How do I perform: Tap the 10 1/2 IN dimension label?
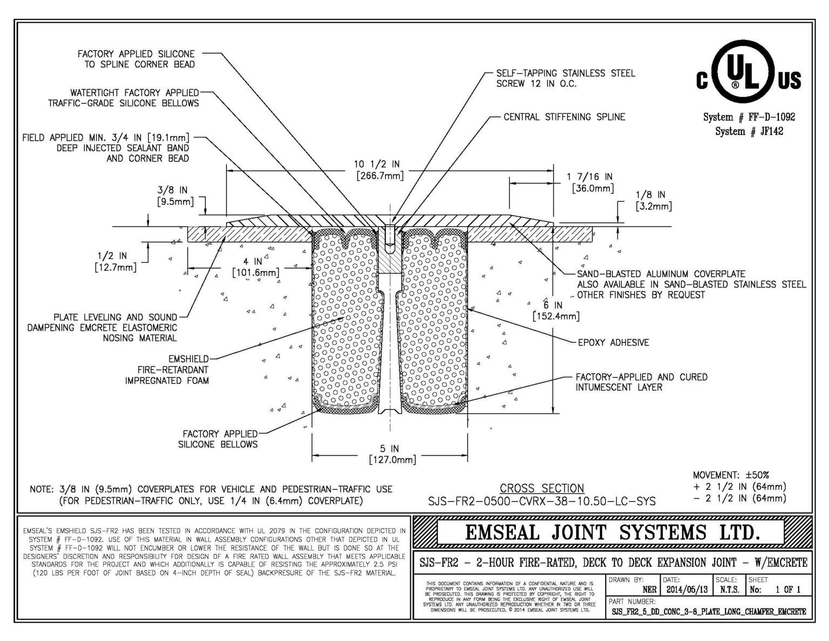pos(377,165)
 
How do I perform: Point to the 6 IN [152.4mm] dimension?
pos(556,311)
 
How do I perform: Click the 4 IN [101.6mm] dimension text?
pos(256,267)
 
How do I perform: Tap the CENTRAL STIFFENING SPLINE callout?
pos(564,117)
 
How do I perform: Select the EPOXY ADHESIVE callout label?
pos(613,342)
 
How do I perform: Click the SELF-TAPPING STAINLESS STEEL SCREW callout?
pos(565,78)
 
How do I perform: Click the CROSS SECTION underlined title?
pos(541,488)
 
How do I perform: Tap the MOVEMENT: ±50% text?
pos(731,475)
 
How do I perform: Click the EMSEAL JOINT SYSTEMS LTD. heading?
pos(612,532)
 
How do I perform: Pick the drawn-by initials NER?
pos(649,590)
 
